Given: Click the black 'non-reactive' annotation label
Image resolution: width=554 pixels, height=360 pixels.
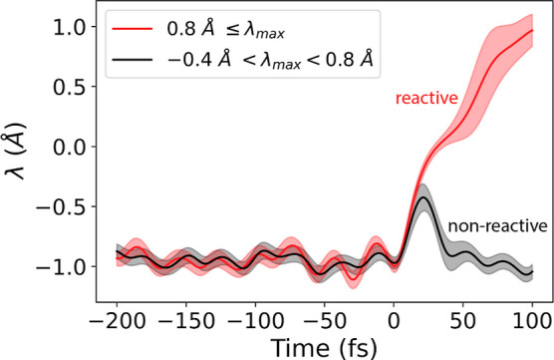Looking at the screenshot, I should pyautogui.click(x=497, y=226).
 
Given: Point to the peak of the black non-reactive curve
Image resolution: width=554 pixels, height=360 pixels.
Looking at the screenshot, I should pyautogui.click(x=423, y=197).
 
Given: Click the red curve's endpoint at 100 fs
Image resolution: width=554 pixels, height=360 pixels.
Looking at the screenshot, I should pyautogui.click(x=532, y=31).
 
